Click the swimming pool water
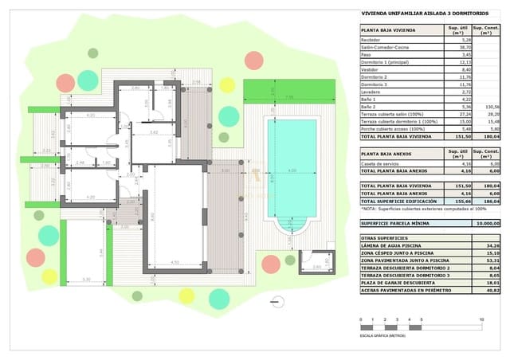(292, 171)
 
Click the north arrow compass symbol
(277, 300)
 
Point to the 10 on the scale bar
(481, 320)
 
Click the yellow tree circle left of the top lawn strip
(227, 85)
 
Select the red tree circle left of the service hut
(271, 264)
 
